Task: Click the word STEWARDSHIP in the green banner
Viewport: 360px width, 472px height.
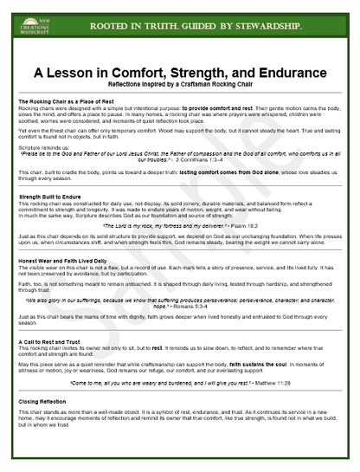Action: click(269, 27)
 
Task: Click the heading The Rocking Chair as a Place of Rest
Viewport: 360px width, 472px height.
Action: click(67, 102)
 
